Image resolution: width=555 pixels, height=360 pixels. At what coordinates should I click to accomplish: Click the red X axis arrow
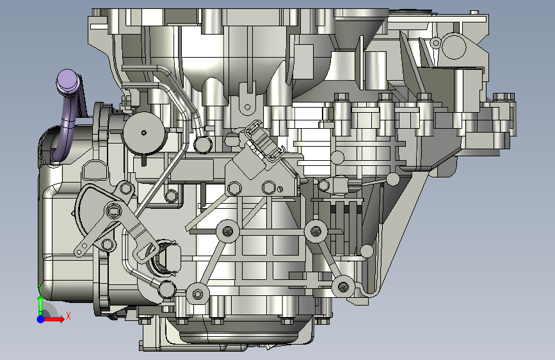coord(54,319)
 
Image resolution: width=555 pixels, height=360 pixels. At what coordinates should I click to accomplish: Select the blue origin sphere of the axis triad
coord(41,319)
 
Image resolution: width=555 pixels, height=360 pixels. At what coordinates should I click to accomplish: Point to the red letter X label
coord(68,316)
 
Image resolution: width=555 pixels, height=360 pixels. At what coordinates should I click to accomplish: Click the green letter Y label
coord(40,288)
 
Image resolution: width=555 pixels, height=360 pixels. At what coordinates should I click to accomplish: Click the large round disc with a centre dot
coord(143,133)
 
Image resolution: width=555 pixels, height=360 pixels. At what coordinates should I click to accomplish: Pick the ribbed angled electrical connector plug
coord(264,141)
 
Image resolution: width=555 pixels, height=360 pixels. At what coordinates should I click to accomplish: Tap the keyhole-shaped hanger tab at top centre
coord(248,100)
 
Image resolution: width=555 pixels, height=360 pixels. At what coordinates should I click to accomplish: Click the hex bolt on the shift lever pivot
coord(113,211)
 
